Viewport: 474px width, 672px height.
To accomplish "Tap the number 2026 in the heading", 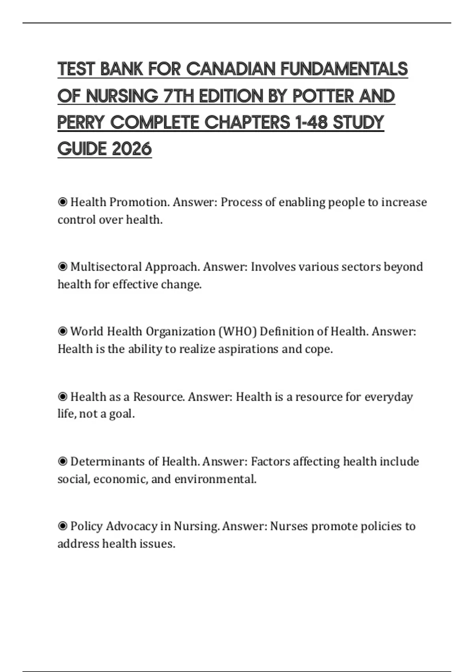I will (132, 149).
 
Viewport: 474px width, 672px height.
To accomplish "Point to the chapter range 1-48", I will (311, 123).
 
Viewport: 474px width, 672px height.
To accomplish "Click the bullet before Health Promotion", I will (62, 202).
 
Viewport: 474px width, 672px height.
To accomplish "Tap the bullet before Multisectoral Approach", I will (62, 267).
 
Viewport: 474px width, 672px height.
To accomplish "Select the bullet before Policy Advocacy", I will (62, 526).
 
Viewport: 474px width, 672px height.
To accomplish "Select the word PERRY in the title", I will (81, 123).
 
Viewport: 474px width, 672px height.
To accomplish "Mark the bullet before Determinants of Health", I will (62, 461).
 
